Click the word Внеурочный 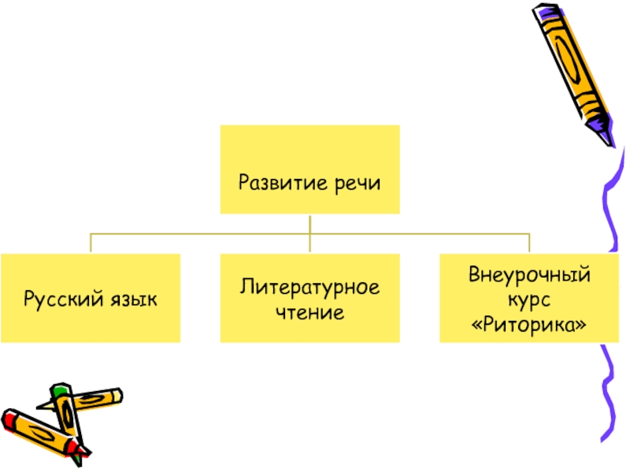pyautogui.click(x=529, y=277)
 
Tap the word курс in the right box pyautogui.click(x=529, y=300)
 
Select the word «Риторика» pyautogui.click(x=529, y=323)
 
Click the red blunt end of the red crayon pyautogui.click(x=9, y=417)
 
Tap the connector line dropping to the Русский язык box pyautogui.click(x=91, y=243)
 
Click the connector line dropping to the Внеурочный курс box pyautogui.click(x=528, y=243)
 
